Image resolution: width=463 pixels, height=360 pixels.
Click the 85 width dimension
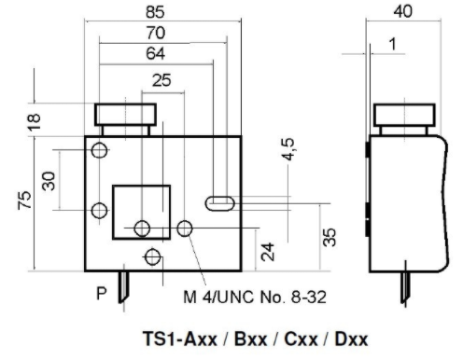(155, 12)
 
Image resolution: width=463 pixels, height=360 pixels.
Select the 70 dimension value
(156, 33)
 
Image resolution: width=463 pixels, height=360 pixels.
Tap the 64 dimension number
(155, 53)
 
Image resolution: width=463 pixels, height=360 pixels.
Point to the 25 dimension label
(161, 80)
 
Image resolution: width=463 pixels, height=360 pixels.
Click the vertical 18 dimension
(35, 121)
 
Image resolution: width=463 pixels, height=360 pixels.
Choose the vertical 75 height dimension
(24, 201)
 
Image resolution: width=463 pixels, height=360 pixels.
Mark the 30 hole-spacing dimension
(49, 181)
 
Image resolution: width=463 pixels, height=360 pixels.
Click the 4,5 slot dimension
(288, 149)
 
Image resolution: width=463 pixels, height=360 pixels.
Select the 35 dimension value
(330, 238)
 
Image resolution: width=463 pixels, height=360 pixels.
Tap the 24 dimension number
(268, 252)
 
